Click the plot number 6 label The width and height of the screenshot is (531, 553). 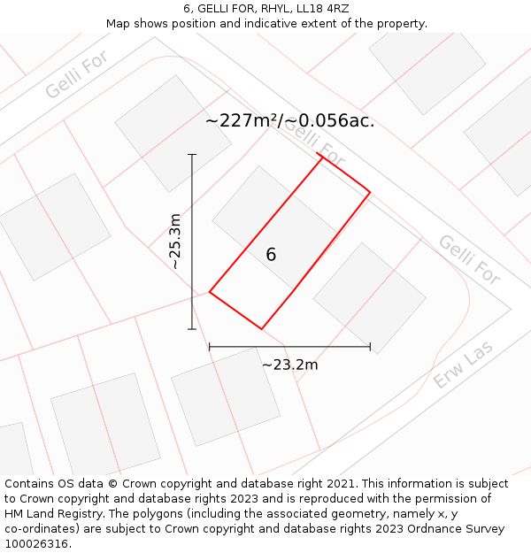271,255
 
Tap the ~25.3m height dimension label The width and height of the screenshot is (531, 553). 175,242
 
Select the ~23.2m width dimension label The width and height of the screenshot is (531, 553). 289,364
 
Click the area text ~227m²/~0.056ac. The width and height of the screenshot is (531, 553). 289,121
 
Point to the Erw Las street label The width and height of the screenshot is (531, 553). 463,365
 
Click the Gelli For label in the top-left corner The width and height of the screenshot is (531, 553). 77,75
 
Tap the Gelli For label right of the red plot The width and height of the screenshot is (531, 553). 469,260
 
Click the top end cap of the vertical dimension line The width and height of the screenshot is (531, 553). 192,155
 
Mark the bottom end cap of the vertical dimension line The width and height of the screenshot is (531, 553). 192,329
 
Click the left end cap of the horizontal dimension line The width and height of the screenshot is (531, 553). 210,347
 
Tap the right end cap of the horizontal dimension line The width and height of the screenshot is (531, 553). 370,347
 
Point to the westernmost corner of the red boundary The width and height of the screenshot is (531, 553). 210,292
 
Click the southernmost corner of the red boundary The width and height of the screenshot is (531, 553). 261,329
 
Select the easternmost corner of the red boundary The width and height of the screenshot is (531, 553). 370,192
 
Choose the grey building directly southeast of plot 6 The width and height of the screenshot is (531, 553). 370,298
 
